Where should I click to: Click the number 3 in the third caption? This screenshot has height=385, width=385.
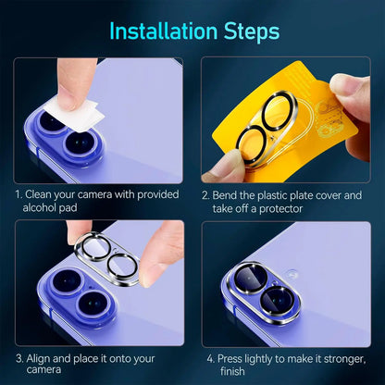(x=18, y=357)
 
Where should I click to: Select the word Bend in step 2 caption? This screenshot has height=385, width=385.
(x=227, y=195)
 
